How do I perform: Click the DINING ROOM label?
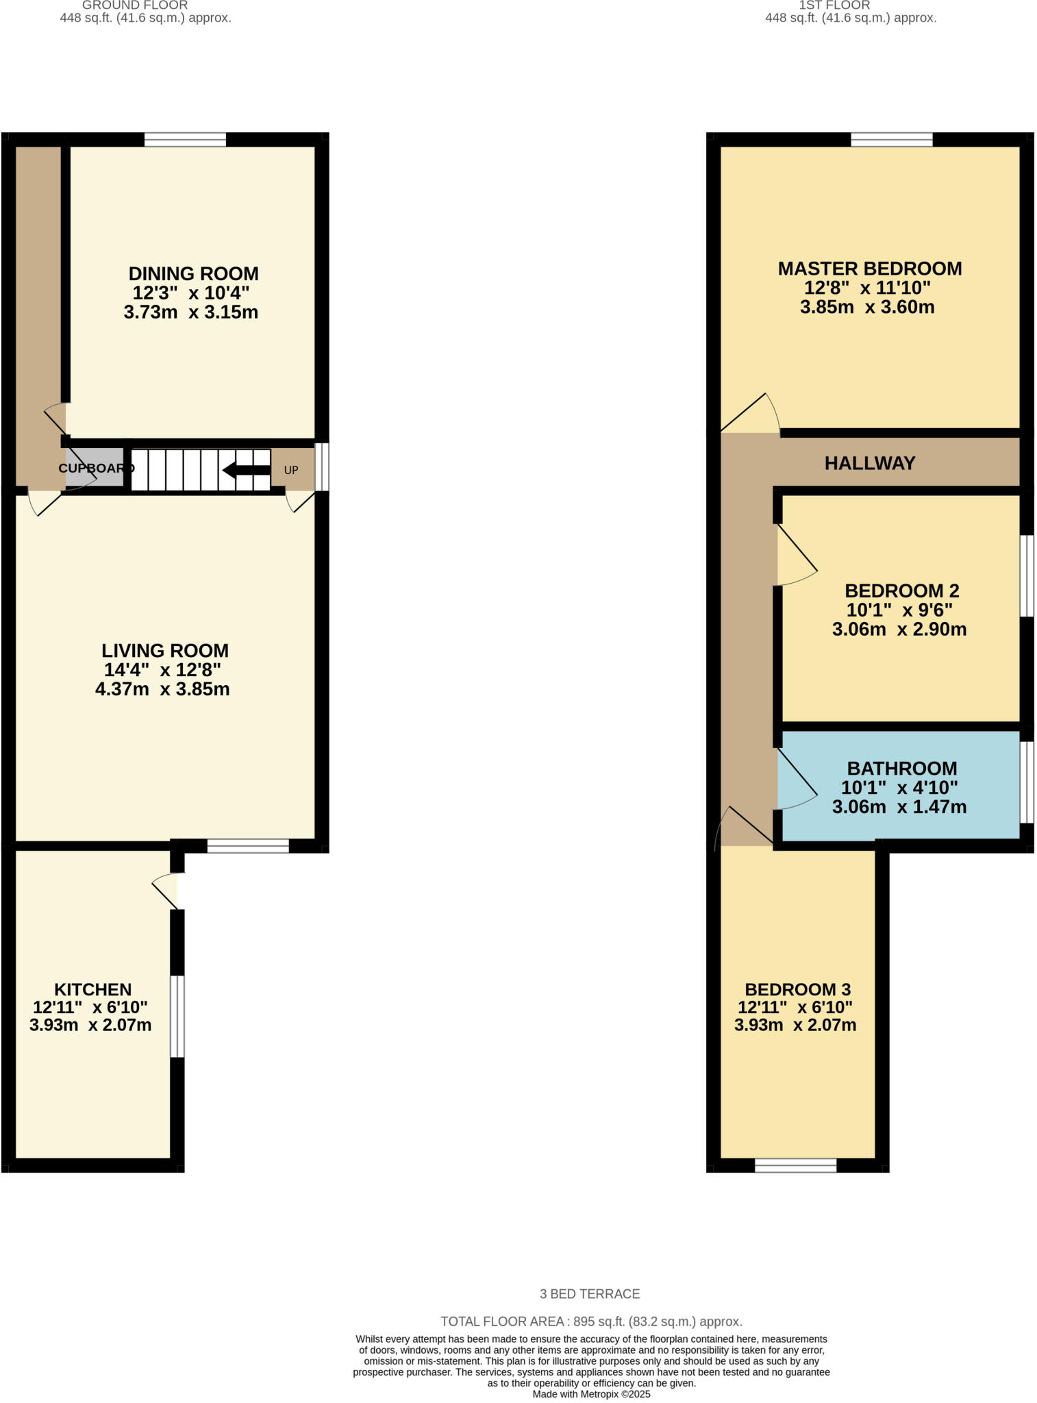(x=193, y=274)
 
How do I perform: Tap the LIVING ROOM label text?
(x=165, y=651)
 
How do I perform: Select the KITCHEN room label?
(x=92, y=989)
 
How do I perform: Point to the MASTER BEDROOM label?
(x=869, y=269)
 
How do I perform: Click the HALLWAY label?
(x=869, y=464)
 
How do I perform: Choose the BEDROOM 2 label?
(x=901, y=591)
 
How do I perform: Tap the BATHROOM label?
(x=901, y=769)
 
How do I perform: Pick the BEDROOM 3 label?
(x=797, y=989)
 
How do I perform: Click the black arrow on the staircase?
(x=247, y=470)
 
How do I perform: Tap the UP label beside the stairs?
(x=291, y=471)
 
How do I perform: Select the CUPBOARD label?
(x=96, y=469)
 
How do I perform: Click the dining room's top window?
(x=185, y=140)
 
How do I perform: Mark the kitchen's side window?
(x=177, y=1016)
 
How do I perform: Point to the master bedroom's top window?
(x=891, y=140)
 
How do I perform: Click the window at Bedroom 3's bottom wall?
(x=795, y=1165)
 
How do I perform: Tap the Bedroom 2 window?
(x=1026, y=575)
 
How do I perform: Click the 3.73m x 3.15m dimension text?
(x=190, y=313)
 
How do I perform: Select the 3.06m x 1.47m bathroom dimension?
(x=899, y=807)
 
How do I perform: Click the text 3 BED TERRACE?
(x=589, y=1294)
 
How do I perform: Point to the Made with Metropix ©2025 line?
(x=591, y=1394)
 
